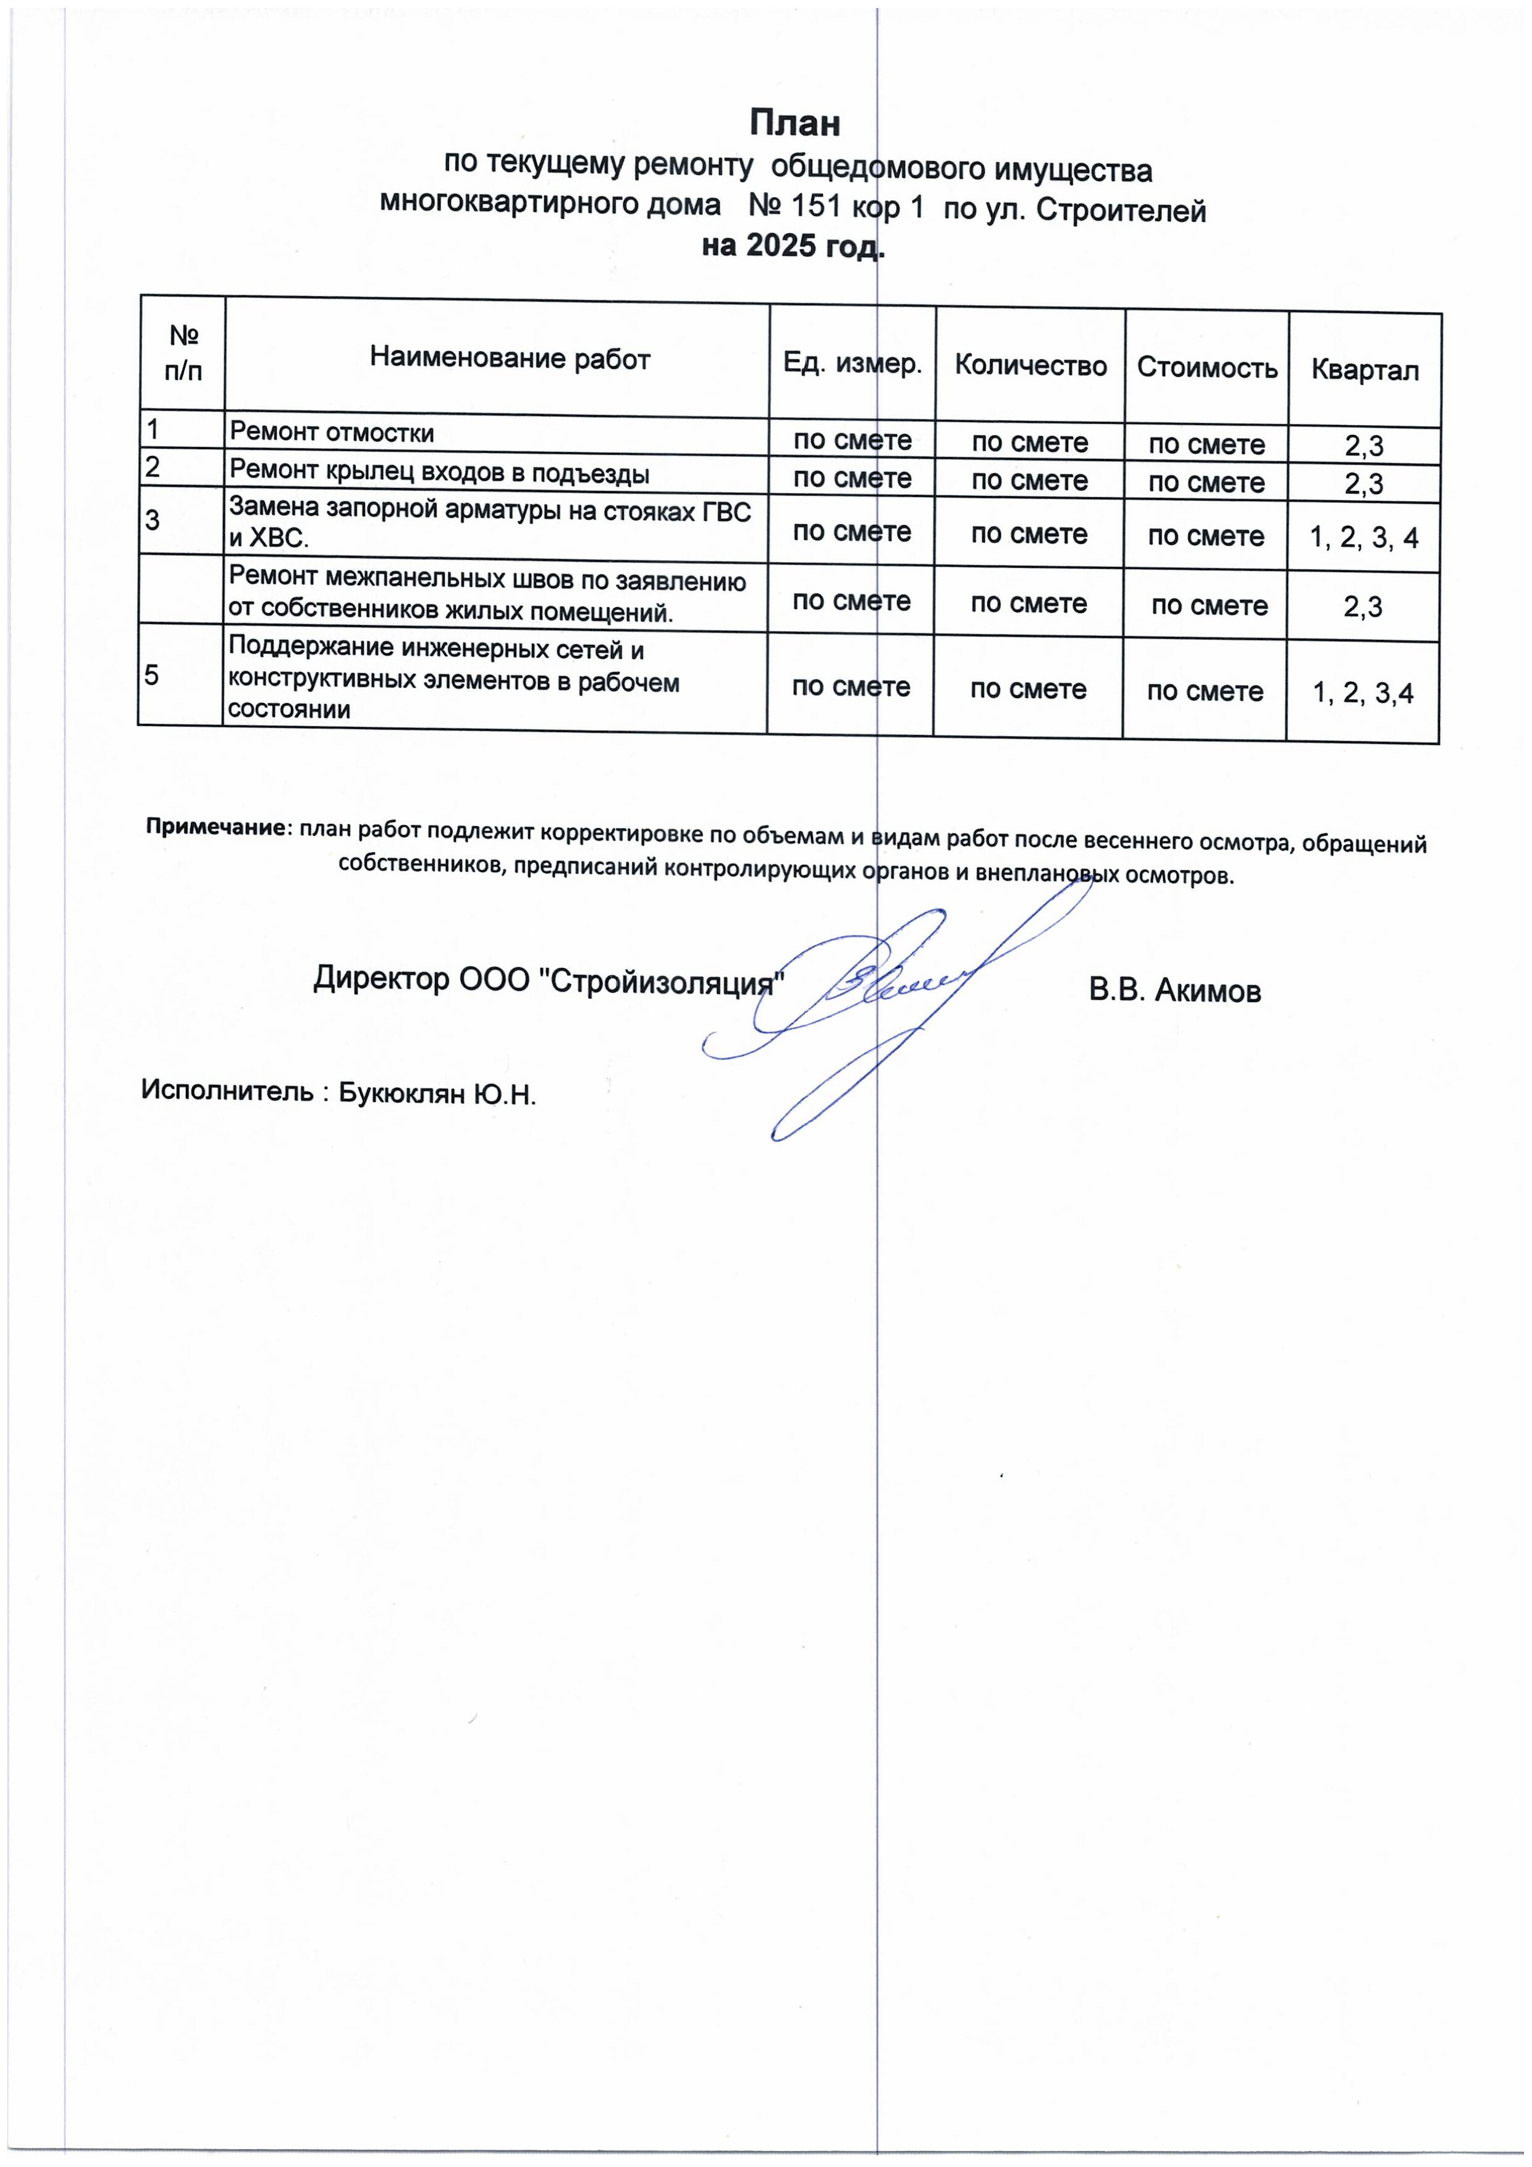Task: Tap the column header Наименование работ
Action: (x=510, y=359)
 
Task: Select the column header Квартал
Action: (x=1364, y=370)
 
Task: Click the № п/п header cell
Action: (x=183, y=352)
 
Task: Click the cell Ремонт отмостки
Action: (x=332, y=433)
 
